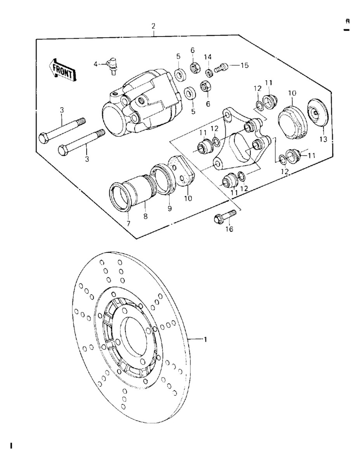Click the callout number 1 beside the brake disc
click(x=205, y=339)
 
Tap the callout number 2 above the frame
click(x=153, y=26)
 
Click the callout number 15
click(x=244, y=65)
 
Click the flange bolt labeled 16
click(x=225, y=216)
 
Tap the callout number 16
click(x=230, y=230)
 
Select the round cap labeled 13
click(x=318, y=113)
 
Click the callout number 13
click(x=323, y=139)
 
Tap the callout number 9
click(x=169, y=209)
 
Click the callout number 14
click(x=208, y=57)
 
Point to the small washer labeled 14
click(x=209, y=72)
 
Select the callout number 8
click(x=146, y=217)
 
